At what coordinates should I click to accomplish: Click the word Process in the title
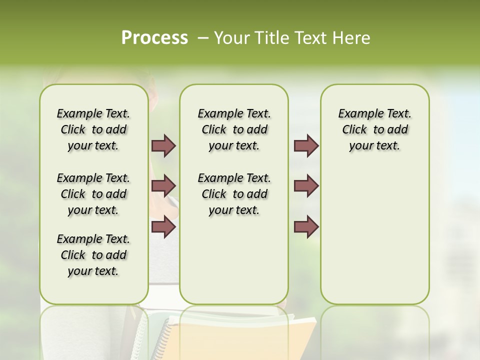click(154, 38)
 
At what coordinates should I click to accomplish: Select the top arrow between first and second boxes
click(163, 145)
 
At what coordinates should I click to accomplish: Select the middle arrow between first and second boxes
click(163, 186)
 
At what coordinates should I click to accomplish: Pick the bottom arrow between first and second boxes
click(163, 227)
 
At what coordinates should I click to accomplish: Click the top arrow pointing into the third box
click(306, 145)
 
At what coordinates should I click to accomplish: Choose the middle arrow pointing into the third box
click(306, 186)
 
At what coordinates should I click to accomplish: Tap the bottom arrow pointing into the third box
click(306, 227)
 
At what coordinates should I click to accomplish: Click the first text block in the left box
click(93, 129)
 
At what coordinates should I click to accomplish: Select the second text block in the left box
click(93, 194)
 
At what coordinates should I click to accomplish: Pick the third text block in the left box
click(93, 255)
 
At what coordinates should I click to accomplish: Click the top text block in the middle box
click(234, 129)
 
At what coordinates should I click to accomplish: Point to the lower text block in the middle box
click(234, 194)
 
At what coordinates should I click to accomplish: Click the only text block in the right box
click(374, 129)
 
